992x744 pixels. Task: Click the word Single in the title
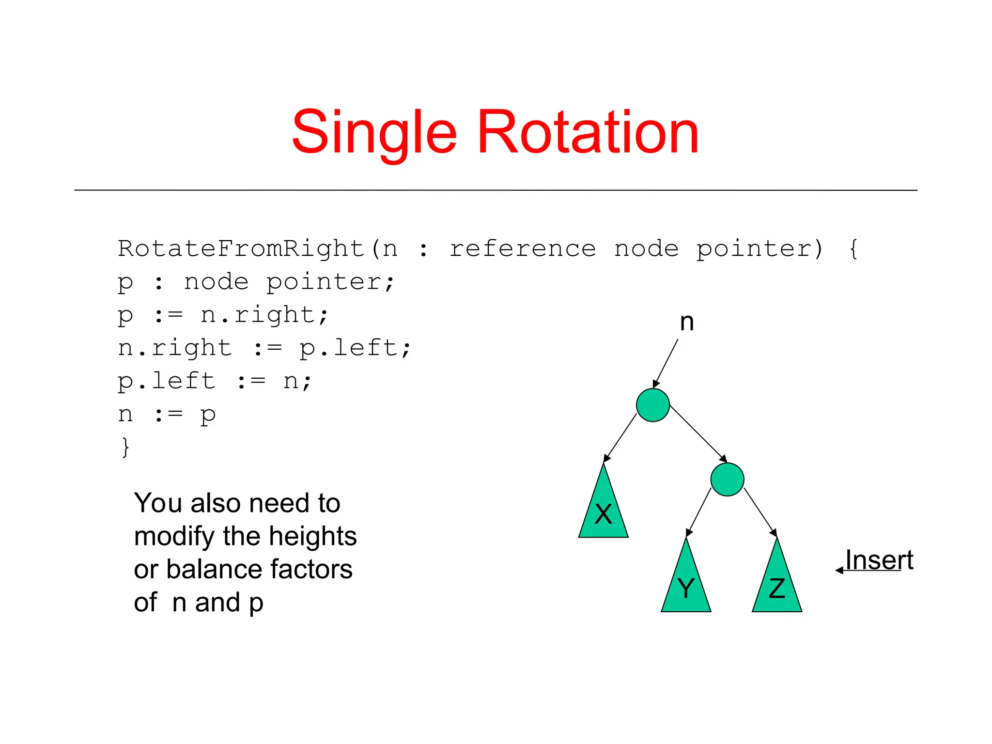click(x=374, y=133)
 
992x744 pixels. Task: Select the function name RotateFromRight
click(x=241, y=249)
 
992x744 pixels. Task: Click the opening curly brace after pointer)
click(x=853, y=249)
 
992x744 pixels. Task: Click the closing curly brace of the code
click(x=125, y=447)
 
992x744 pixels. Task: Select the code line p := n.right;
click(x=223, y=315)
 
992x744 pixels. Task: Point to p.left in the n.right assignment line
click(x=355, y=348)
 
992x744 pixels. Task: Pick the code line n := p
click(x=167, y=415)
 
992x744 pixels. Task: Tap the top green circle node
click(x=652, y=405)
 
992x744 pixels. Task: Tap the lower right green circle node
click(x=727, y=480)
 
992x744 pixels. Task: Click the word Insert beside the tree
click(x=879, y=560)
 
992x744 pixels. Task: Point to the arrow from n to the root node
click(x=666, y=363)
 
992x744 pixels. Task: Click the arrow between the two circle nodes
click(x=697, y=434)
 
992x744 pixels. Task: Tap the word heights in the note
click(x=312, y=536)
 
